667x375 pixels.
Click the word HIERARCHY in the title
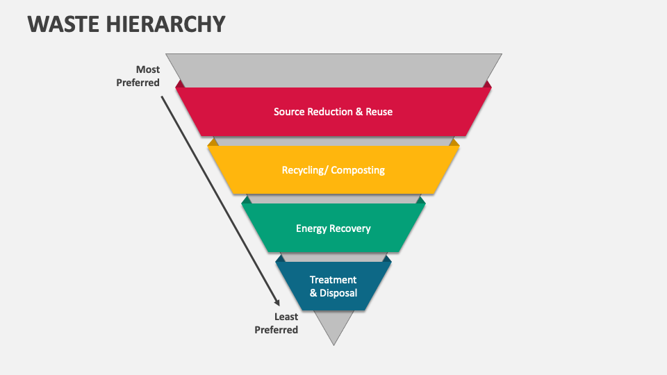pyautogui.click(x=167, y=24)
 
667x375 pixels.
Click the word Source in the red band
pyautogui.click(x=288, y=112)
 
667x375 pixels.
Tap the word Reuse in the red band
pyautogui.click(x=379, y=112)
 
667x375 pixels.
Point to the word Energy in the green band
pyautogui.click(x=311, y=228)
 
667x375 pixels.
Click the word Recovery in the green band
pyautogui.click(x=350, y=228)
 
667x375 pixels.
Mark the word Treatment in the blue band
pyautogui.click(x=333, y=280)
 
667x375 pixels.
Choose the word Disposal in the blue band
pyautogui.click(x=338, y=293)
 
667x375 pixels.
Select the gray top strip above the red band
pyautogui.click(x=333, y=69)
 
